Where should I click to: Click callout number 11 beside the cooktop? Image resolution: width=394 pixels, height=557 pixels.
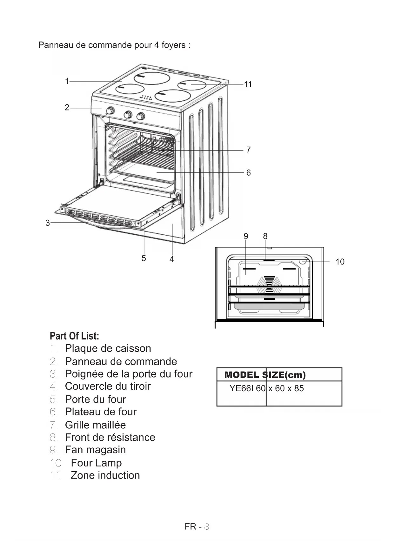coord(248,84)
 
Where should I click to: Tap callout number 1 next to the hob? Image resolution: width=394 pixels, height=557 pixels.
coord(67,81)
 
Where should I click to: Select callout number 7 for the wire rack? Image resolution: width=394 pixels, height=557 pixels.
coord(248,150)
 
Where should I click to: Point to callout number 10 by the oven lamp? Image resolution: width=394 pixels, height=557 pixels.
coord(340,262)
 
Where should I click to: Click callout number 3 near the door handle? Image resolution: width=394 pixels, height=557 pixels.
coord(48,223)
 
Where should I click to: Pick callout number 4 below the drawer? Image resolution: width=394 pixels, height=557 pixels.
coord(172,259)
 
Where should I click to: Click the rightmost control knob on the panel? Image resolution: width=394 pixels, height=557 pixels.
coord(141,116)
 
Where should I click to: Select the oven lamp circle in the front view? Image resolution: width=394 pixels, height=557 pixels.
coord(303,261)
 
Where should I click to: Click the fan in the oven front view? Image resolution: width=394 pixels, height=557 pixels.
coord(269,284)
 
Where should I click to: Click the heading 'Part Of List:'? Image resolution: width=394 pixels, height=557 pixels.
coord(74,336)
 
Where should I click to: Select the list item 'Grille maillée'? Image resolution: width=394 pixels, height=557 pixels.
coord(95,425)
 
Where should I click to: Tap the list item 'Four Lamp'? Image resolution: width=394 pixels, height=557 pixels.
coord(96,463)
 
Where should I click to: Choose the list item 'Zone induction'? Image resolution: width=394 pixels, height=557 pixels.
coord(105,475)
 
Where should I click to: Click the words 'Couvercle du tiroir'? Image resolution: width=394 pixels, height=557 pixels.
coord(108,386)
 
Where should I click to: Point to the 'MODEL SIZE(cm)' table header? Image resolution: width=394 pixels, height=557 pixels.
coord(265,375)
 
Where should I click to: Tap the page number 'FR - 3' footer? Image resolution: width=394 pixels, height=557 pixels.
coord(197,527)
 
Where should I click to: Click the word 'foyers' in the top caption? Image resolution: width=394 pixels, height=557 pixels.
coord(173,45)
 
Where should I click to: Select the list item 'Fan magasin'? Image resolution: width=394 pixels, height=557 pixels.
coord(95,450)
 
